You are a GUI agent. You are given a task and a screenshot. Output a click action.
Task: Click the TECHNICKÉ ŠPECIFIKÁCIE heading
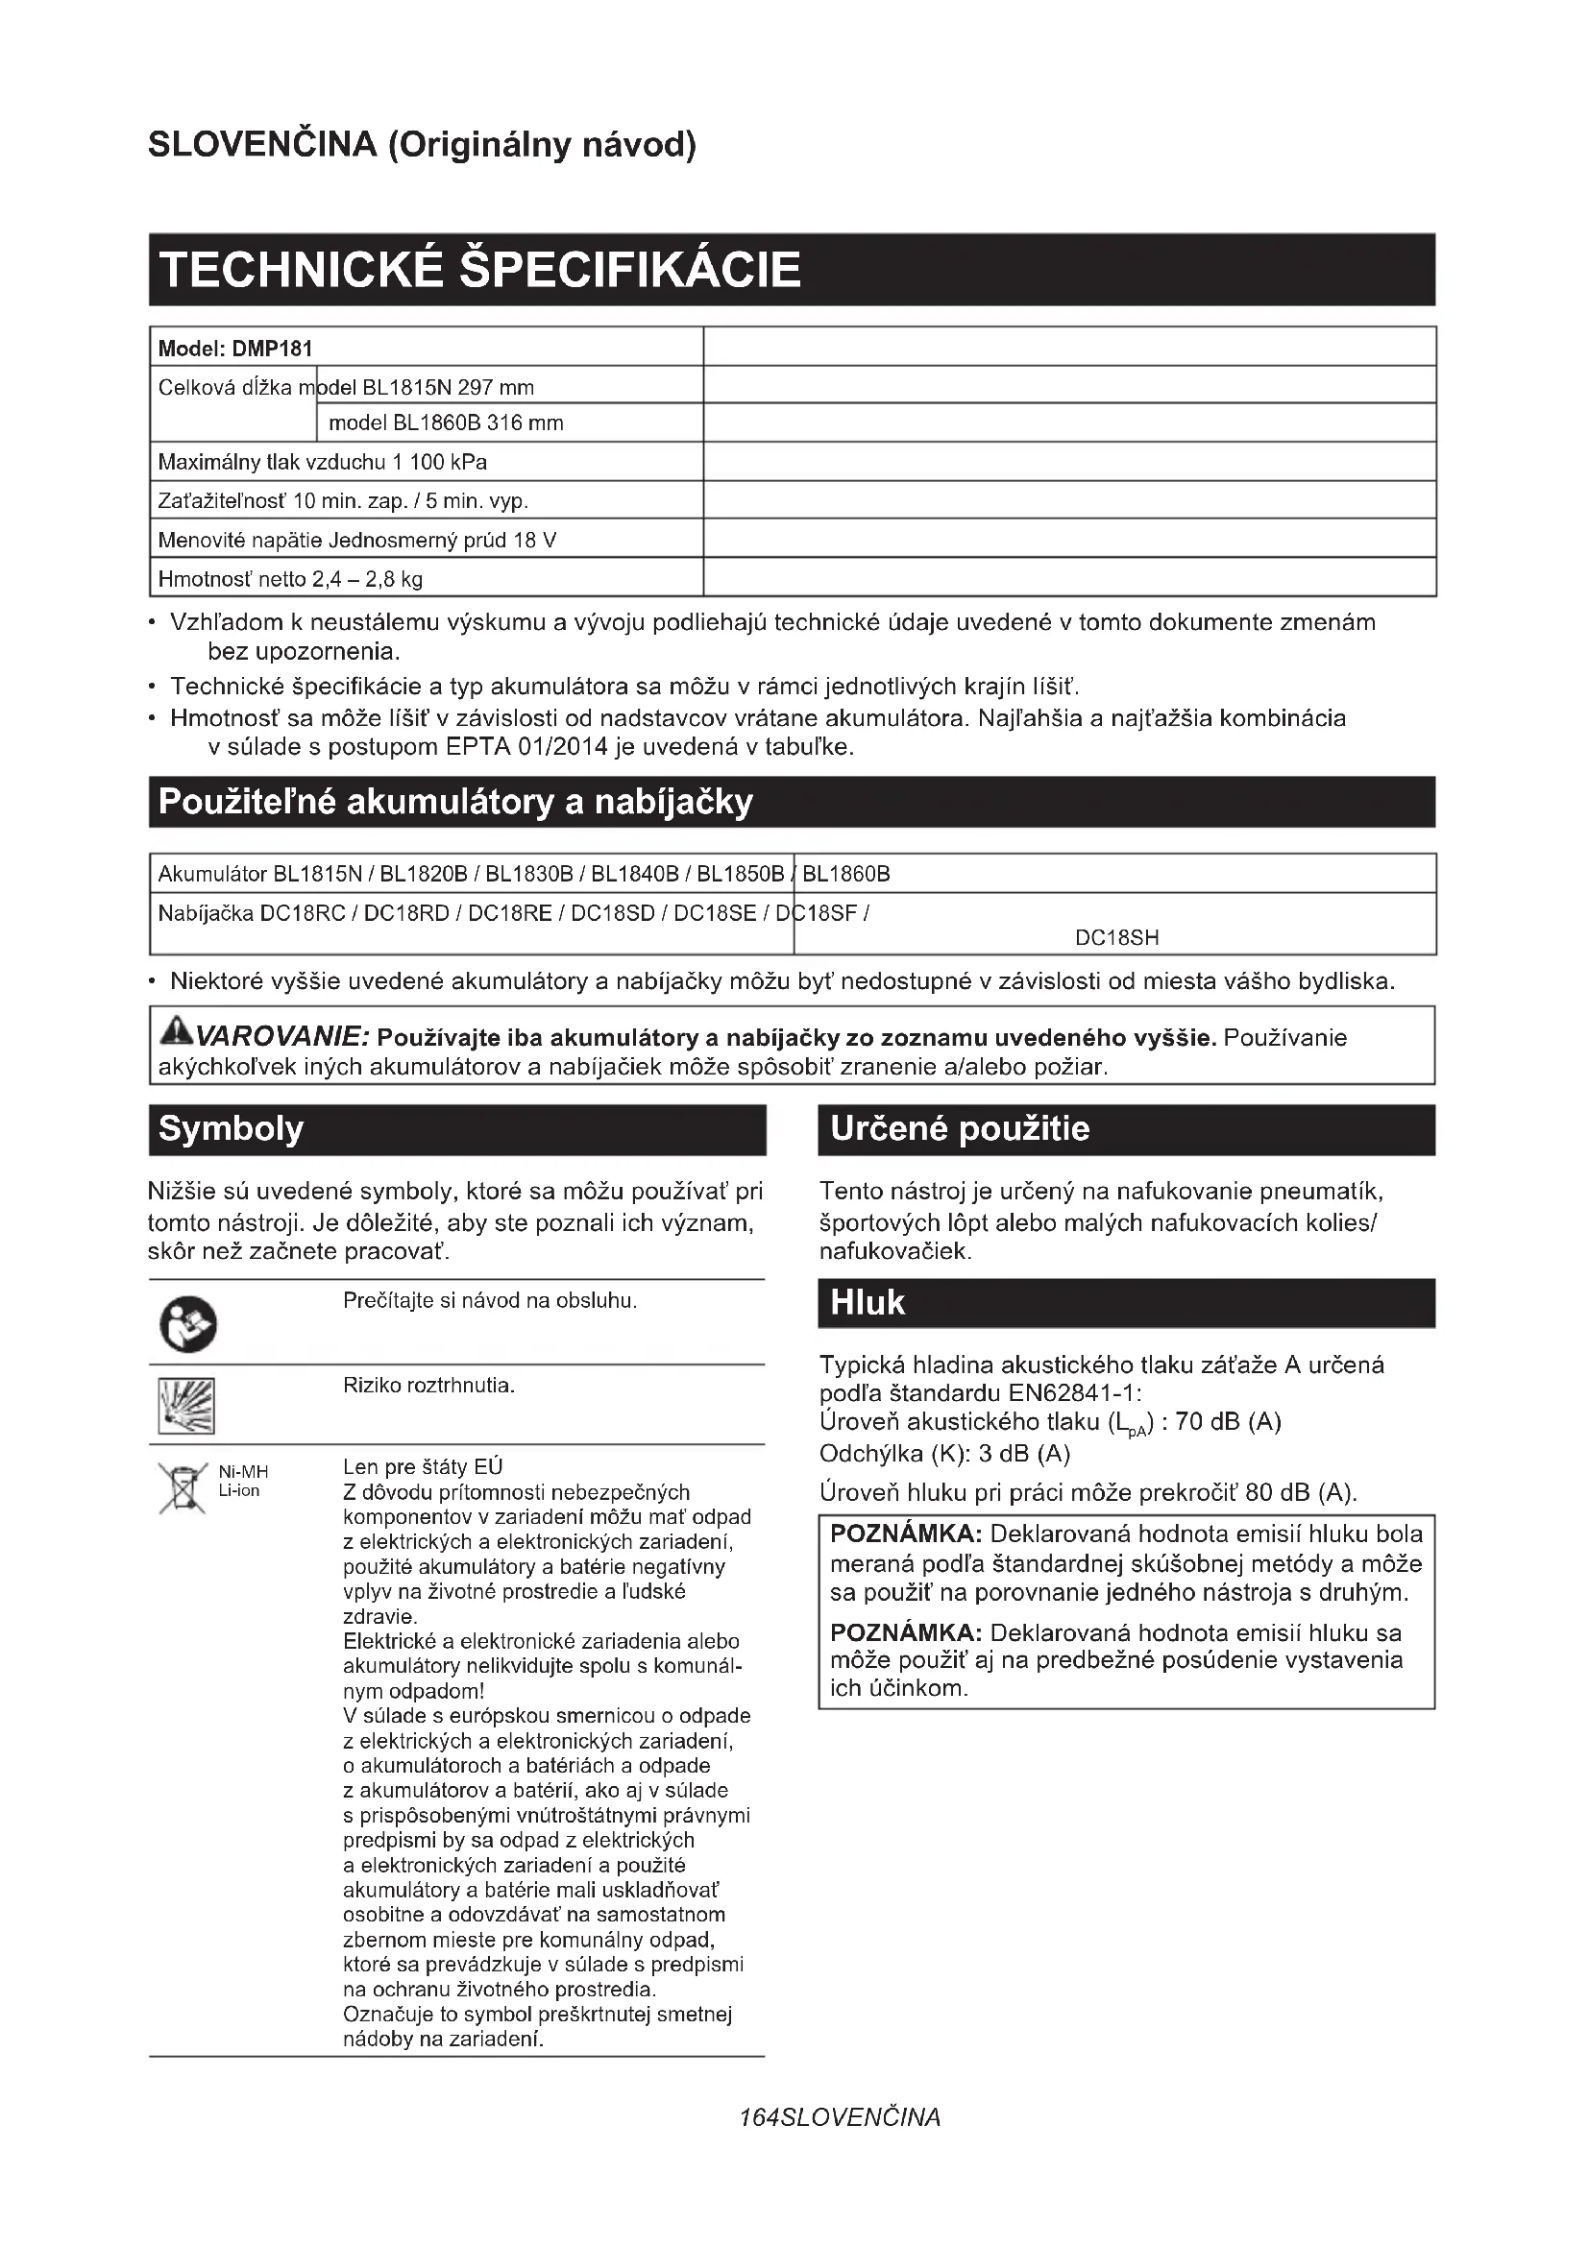coord(479,269)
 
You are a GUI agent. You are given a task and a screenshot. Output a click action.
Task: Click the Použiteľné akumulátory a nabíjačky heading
coord(456,802)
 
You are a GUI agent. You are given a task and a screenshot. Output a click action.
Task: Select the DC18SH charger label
coord(1116,938)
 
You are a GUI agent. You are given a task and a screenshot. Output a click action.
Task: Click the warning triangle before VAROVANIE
coord(178,1030)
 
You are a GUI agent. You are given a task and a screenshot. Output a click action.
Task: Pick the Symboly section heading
coord(231,1129)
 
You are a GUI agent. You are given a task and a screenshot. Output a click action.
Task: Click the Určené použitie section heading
coord(959,1129)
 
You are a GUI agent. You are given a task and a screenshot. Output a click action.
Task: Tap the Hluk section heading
coord(867,1303)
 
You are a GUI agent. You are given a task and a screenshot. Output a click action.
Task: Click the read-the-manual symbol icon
coord(188,1325)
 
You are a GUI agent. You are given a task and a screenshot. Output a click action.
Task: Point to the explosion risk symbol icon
coord(186,1406)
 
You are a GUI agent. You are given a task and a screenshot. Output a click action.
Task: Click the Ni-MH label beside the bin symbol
coord(243,1472)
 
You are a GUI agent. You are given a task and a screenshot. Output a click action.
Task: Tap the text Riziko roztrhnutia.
coord(428,1386)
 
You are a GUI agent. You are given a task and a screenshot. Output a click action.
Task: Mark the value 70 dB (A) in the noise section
coord(1228,1421)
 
